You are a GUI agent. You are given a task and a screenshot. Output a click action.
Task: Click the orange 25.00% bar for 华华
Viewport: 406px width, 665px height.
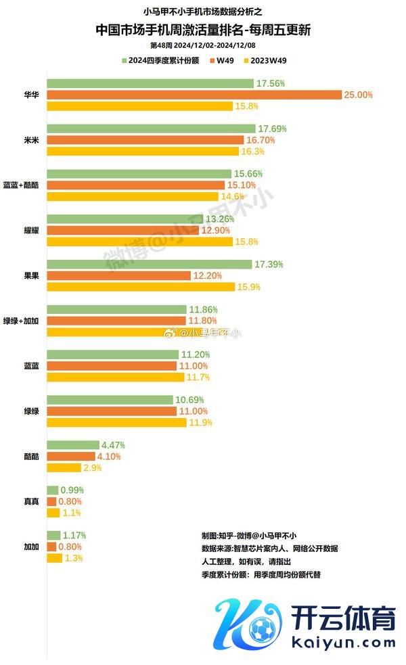[194, 95]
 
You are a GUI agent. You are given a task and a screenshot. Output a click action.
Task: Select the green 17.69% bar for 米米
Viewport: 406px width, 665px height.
[151, 129]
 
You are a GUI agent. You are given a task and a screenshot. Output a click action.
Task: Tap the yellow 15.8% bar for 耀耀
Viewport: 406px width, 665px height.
[139, 242]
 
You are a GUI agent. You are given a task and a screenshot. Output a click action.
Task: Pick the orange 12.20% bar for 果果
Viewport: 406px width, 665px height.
[119, 275]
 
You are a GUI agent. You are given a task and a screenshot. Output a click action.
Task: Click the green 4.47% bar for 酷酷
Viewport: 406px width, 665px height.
[73, 445]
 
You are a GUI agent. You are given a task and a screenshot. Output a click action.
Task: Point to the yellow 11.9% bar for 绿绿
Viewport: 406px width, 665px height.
[116, 423]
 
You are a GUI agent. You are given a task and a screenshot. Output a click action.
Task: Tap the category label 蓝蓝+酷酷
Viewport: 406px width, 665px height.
[25, 185]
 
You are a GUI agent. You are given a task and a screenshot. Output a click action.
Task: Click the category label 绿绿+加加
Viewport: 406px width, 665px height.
[25, 321]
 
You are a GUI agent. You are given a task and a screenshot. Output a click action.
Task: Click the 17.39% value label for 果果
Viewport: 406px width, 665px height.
[269, 264]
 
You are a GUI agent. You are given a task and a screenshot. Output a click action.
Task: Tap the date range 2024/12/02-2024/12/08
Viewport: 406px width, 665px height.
[216, 45]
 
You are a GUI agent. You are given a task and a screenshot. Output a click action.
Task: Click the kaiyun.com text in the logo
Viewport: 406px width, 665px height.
[343, 640]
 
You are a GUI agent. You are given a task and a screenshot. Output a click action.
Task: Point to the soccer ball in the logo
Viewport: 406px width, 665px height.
[261, 629]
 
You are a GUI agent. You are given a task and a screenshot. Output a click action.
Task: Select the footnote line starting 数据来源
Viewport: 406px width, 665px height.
[269, 548]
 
